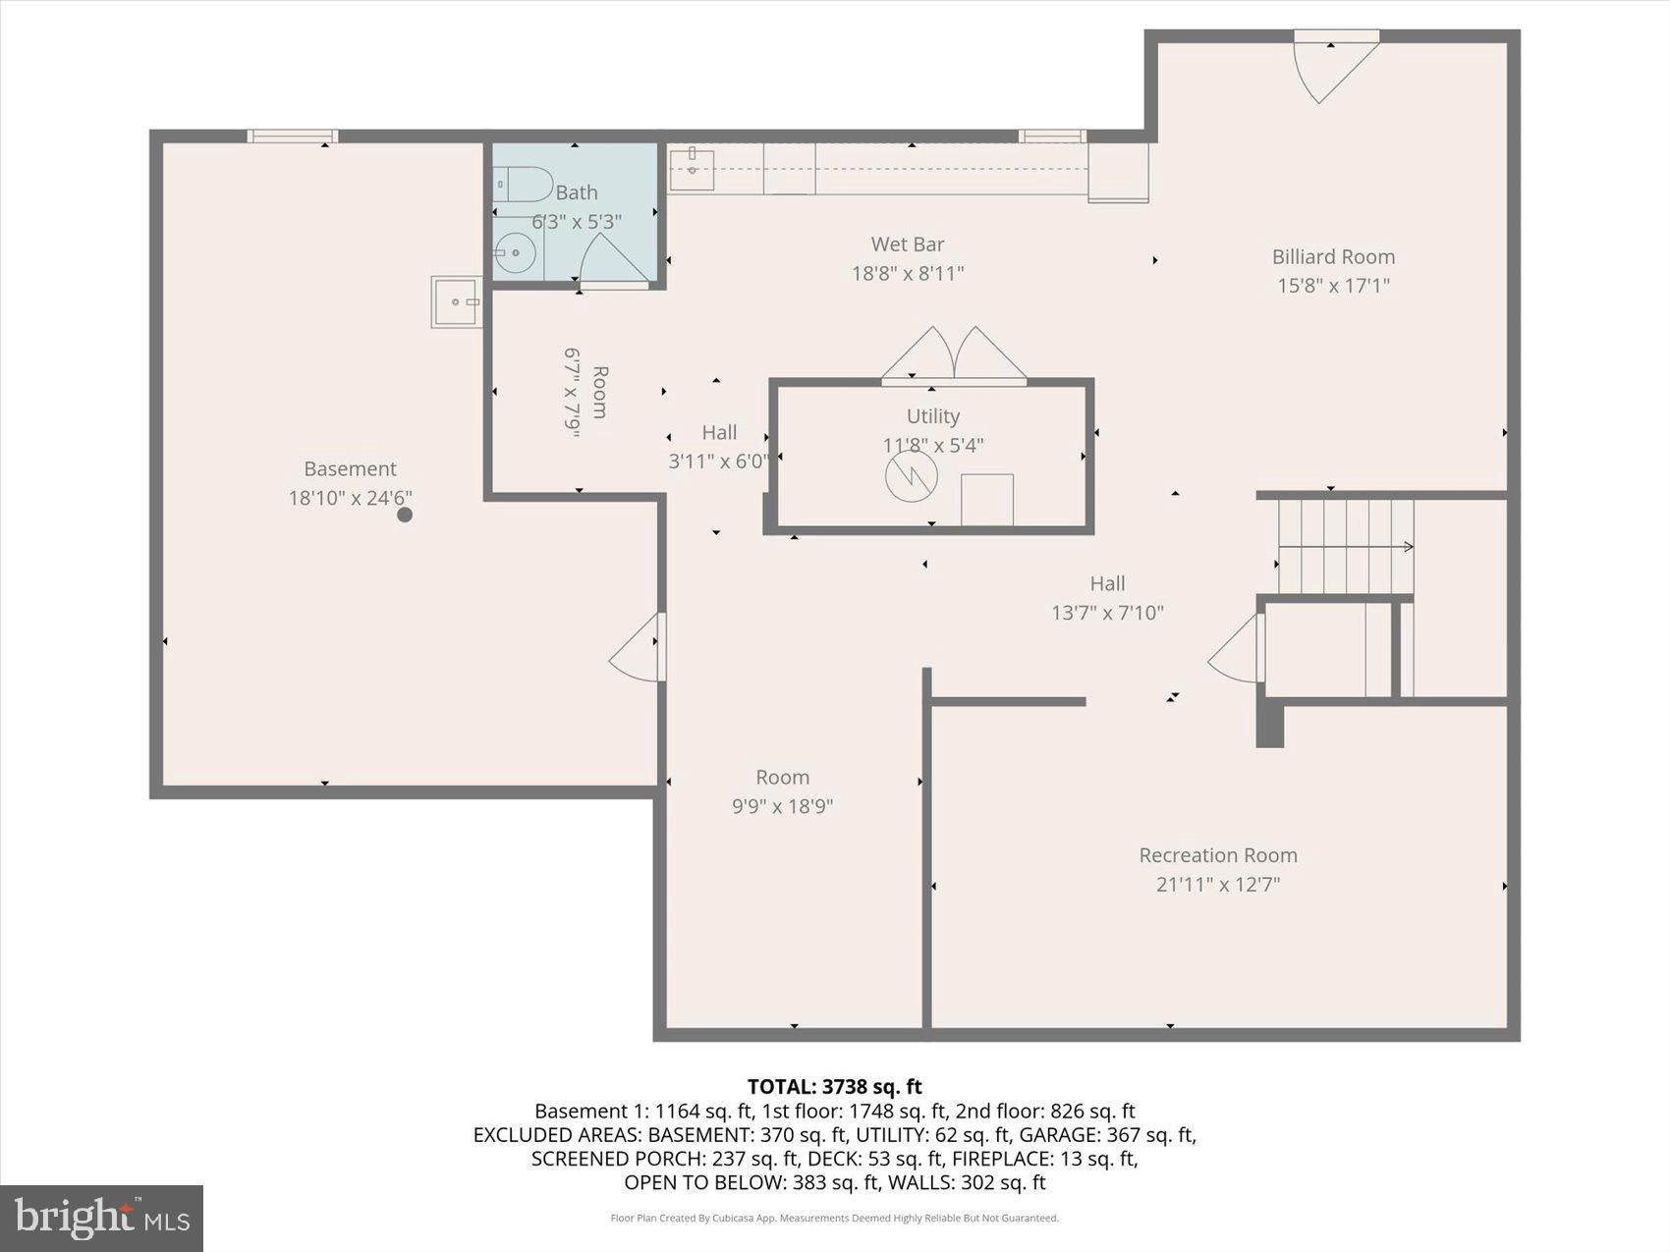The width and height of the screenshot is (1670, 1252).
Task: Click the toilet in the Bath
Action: coord(522,184)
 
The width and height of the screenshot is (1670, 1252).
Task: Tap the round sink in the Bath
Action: coord(514,253)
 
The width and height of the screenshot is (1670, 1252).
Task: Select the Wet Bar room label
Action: coord(907,245)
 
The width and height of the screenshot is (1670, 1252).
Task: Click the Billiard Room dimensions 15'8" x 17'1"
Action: coord(1333,286)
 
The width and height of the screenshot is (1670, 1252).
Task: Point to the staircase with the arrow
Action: coord(1344,546)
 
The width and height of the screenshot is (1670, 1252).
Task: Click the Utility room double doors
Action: coord(954,354)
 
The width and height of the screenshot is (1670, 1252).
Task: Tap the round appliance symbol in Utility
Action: coord(911,476)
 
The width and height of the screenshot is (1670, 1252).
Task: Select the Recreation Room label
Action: coord(1217,855)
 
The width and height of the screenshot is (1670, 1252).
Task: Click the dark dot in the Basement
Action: coord(404,515)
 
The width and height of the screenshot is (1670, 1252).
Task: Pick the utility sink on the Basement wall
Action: coord(456,301)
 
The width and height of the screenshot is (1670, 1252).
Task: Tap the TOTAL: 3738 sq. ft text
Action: coord(834,1086)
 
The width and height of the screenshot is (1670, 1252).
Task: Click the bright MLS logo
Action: coord(101,1218)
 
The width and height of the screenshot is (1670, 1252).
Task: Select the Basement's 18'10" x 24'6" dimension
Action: coord(350,499)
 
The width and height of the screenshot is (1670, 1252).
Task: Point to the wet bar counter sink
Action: coord(692,170)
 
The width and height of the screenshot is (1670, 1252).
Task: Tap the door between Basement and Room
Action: coord(640,647)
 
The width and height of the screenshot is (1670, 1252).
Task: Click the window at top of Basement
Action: coord(292,136)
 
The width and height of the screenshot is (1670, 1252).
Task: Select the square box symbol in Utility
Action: coord(986,500)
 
